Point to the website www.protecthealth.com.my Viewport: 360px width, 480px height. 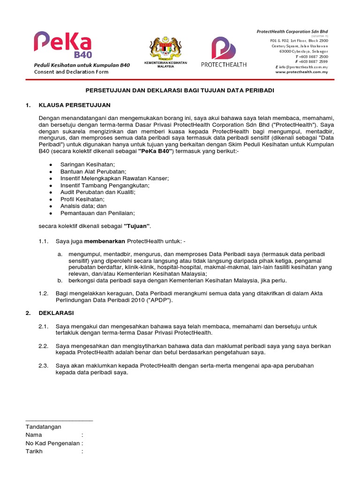[x=301, y=72]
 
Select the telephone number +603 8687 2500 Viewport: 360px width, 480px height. [x=314, y=56]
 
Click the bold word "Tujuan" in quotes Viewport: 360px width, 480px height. [x=136, y=227]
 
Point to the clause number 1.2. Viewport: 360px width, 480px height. [x=44, y=293]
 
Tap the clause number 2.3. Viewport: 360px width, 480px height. [x=44, y=366]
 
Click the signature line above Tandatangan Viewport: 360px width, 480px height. [x=59, y=420]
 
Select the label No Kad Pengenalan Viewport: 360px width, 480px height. [x=53, y=443]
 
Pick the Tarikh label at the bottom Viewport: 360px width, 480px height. [x=34, y=451]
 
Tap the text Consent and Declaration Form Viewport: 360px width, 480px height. [x=69, y=72]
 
